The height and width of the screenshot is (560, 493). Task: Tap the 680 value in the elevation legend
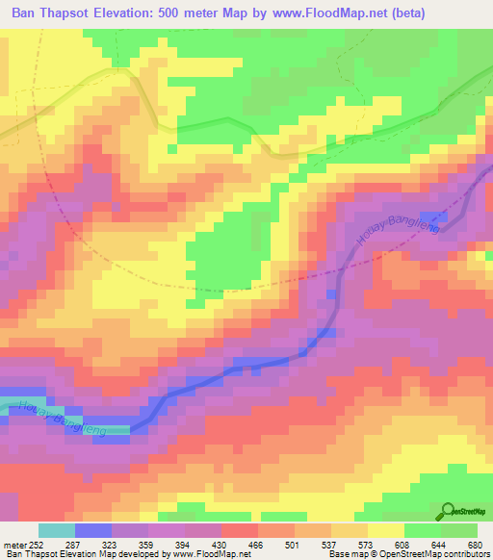pyautogui.click(x=474, y=544)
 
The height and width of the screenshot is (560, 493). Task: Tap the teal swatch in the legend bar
pyautogui.click(x=57, y=530)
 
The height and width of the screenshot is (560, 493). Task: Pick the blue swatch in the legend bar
pyautogui.click(x=93, y=530)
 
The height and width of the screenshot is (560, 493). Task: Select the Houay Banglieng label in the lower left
pyautogui.click(x=58, y=416)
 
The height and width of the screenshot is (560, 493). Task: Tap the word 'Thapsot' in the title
pyautogui.click(x=78, y=12)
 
